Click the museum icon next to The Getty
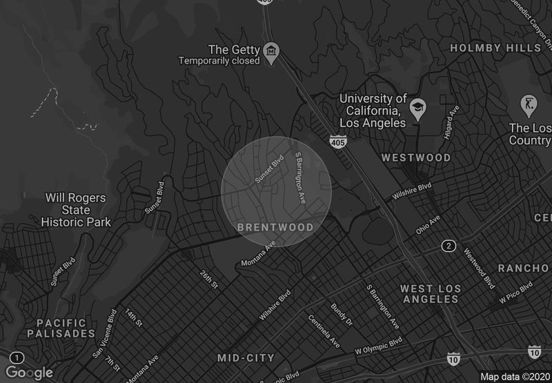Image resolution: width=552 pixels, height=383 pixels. tap(272, 52)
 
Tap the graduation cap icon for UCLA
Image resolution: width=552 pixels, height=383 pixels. tap(417, 108)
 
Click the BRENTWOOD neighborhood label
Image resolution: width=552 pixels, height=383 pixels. tap(275, 227)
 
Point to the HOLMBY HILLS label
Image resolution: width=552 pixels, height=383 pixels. tap(495, 48)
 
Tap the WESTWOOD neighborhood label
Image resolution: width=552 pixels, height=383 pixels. tap(416, 158)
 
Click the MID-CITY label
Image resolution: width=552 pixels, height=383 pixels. tap(246, 358)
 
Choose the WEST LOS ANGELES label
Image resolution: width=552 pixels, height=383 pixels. tap(430, 293)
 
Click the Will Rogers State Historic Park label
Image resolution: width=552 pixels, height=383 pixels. tap(76, 210)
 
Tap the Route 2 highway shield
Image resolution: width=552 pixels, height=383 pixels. tap(448, 246)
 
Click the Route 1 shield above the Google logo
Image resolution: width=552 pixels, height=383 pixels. tap(18, 357)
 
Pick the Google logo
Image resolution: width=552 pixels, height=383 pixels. tap(29, 373)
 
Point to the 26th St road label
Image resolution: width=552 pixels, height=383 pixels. tap(209, 279)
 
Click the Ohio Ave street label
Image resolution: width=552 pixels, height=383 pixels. tap(427, 225)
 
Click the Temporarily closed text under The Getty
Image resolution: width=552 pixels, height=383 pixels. tap(219, 61)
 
